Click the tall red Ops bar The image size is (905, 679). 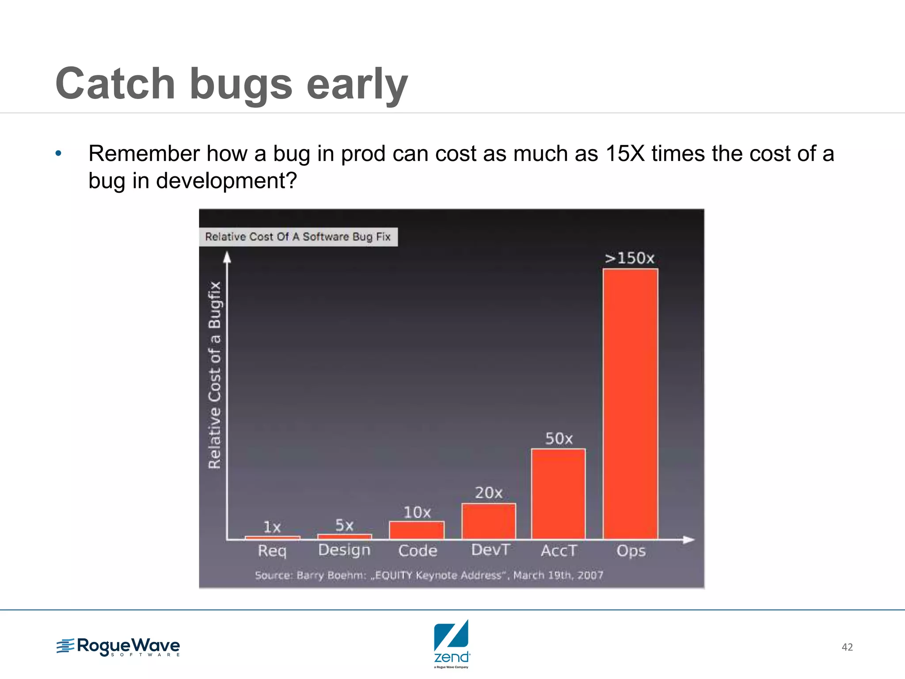(x=630, y=403)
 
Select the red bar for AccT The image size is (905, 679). (x=558, y=494)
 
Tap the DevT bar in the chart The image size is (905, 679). (x=488, y=521)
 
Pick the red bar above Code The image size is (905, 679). (x=416, y=530)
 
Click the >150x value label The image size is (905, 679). (x=629, y=258)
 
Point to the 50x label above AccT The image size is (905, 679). (x=559, y=439)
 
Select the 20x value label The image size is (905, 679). (x=488, y=492)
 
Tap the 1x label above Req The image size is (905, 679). (x=272, y=527)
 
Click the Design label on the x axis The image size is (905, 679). (x=344, y=550)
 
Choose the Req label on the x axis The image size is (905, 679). (x=272, y=551)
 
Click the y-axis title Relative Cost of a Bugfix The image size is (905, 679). (x=214, y=375)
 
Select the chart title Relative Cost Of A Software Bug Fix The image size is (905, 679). (x=298, y=237)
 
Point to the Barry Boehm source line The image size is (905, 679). (x=429, y=575)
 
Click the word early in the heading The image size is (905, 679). (x=357, y=84)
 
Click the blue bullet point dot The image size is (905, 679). (x=58, y=154)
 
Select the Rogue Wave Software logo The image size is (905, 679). (x=118, y=647)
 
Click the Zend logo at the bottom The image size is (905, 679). (x=451, y=643)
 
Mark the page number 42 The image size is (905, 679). (x=847, y=647)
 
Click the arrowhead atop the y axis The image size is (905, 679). (x=227, y=257)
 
